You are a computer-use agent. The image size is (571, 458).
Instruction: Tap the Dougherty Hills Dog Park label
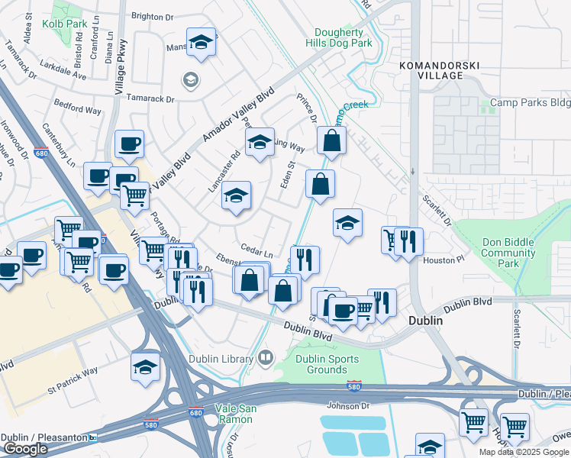(x=343, y=39)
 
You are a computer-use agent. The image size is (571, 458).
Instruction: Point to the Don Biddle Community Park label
(x=508, y=252)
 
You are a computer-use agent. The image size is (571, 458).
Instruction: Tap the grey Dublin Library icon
(x=265, y=356)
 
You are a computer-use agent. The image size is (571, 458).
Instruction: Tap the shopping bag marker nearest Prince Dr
(x=331, y=141)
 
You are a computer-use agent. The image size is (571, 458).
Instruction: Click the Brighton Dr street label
(x=153, y=16)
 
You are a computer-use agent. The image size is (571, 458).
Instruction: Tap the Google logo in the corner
(x=25, y=449)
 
